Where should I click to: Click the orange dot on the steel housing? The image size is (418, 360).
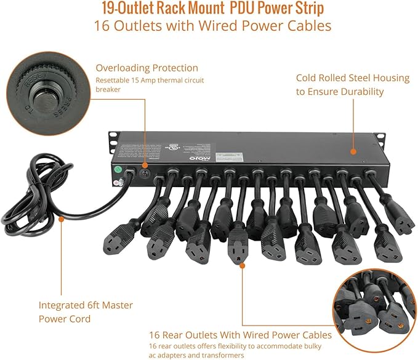point(353,151)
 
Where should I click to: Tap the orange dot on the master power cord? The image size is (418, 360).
point(61,217)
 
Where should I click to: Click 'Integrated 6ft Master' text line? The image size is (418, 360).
point(86,305)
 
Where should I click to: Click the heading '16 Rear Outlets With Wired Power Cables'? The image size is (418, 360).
point(240,335)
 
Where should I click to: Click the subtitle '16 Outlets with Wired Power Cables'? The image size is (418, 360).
point(212,26)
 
